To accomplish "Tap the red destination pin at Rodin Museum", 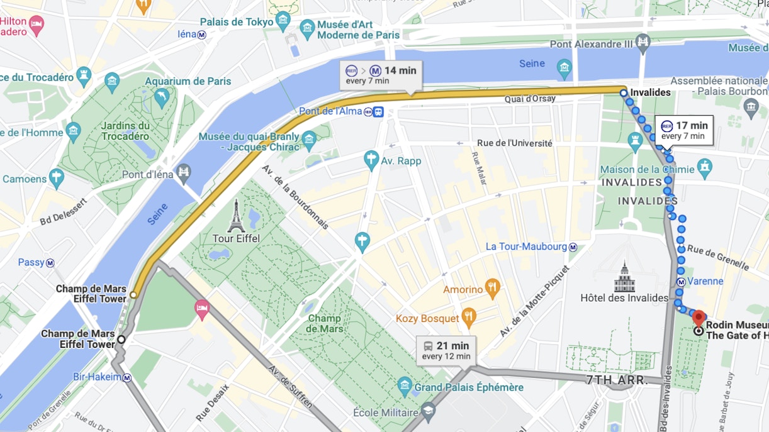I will coord(699,317).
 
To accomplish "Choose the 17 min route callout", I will coord(684,130).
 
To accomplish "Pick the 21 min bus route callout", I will coord(446,350).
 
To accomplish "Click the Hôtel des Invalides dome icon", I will coord(624,277).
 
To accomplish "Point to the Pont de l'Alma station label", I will coord(330,111).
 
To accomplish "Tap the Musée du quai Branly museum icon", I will coord(308,138).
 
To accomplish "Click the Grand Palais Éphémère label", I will coord(468,387).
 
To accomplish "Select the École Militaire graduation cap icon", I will coord(429,413).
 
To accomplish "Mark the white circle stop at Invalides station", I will coord(623,93).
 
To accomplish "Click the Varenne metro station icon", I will coord(680,282).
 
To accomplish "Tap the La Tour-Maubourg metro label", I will coord(526,247).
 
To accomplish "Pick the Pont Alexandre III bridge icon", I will coord(643,43).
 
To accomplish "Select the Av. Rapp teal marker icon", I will coord(371,160).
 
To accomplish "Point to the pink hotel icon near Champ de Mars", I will coord(202,307).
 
